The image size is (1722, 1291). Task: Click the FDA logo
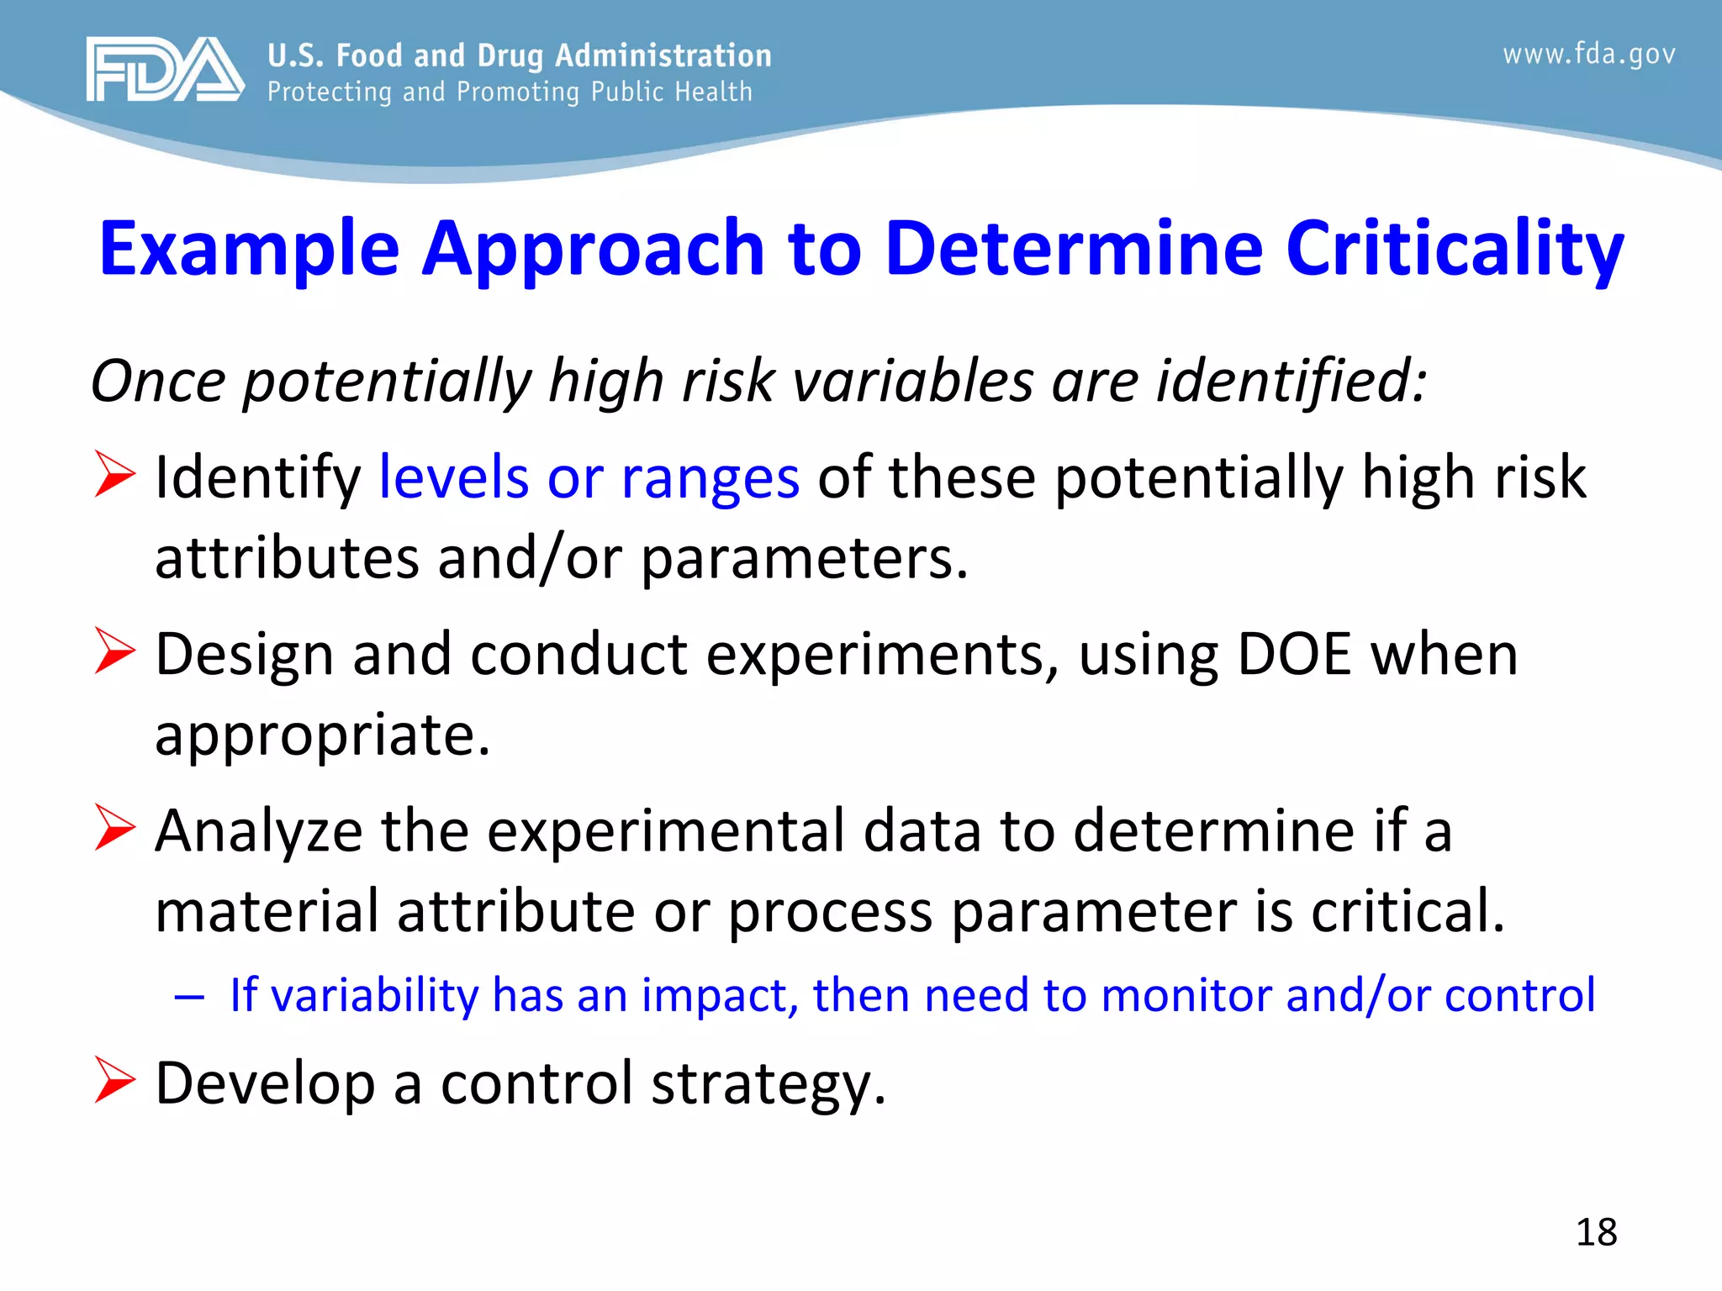pyautogui.click(x=165, y=70)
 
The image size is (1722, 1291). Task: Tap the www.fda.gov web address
pyautogui.click(x=1589, y=55)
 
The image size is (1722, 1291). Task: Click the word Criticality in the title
pyautogui.click(x=1455, y=249)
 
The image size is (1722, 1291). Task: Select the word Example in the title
pyautogui.click(x=249, y=249)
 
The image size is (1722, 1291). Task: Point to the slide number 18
pyautogui.click(x=1596, y=1232)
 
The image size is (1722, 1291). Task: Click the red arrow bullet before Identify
pyautogui.click(x=114, y=474)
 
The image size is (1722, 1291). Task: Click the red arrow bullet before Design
pyautogui.click(x=114, y=651)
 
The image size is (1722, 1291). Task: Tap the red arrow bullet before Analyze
pyautogui.click(x=114, y=827)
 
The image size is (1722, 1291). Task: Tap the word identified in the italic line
pyautogui.click(x=1291, y=381)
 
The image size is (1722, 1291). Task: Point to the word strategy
pyautogui.click(x=768, y=1084)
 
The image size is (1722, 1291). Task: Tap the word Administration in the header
pyautogui.click(x=663, y=55)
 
